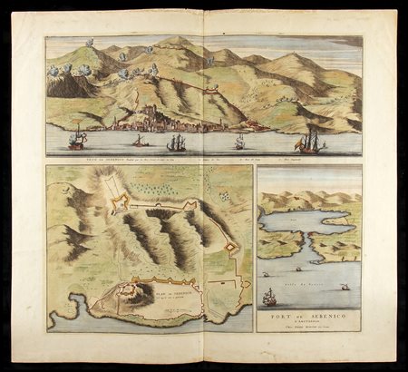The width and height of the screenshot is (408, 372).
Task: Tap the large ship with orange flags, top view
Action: pos(310,141)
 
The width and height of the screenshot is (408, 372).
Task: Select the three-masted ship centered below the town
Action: pos(176,142)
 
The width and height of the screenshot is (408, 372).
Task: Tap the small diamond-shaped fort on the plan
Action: pos(230,246)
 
